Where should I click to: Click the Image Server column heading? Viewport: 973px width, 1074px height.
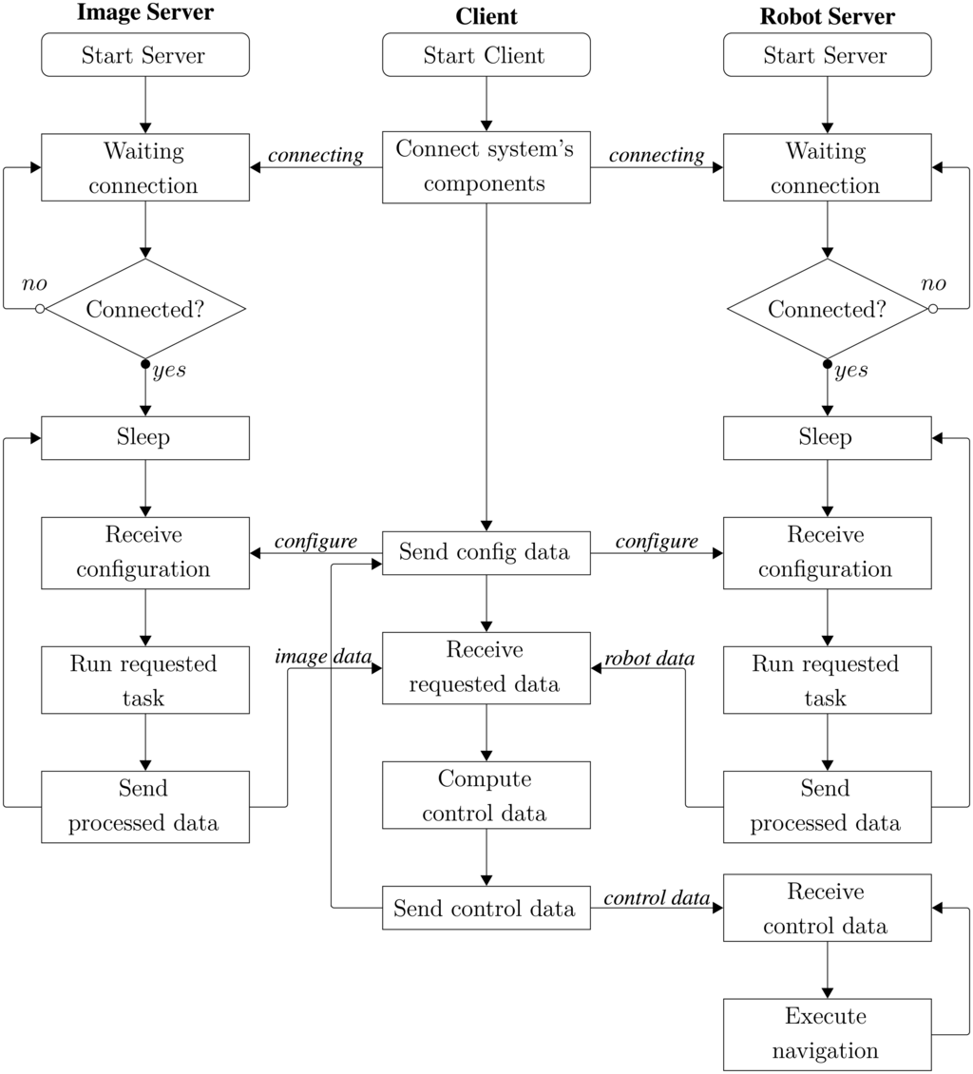[145, 13]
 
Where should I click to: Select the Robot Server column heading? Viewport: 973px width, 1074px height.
[827, 16]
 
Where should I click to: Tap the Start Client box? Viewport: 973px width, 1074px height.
[486, 55]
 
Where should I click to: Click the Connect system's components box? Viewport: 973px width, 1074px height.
[486, 167]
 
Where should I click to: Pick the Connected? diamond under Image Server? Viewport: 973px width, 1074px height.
[145, 309]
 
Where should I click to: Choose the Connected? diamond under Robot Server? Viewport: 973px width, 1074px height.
[827, 309]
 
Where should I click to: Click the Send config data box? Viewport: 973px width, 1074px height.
[486, 552]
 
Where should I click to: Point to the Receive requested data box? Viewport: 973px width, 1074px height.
[486, 667]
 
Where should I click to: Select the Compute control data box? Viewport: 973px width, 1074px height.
[486, 796]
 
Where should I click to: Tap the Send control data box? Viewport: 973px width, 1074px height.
[486, 908]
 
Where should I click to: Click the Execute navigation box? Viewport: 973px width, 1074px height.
[827, 1033]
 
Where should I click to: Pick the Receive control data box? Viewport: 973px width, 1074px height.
[827, 909]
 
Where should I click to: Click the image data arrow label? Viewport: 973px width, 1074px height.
[323, 657]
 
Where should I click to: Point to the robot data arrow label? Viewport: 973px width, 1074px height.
[650, 659]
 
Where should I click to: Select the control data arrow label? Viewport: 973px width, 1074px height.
[657, 898]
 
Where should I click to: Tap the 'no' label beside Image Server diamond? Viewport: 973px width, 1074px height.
[34, 284]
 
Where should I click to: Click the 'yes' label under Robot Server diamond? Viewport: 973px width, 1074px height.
[850, 371]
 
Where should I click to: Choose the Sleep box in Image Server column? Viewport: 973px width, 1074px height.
[145, 437]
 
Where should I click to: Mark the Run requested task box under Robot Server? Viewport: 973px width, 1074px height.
[827, 681]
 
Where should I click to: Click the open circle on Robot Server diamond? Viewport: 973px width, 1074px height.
[932, 309]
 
